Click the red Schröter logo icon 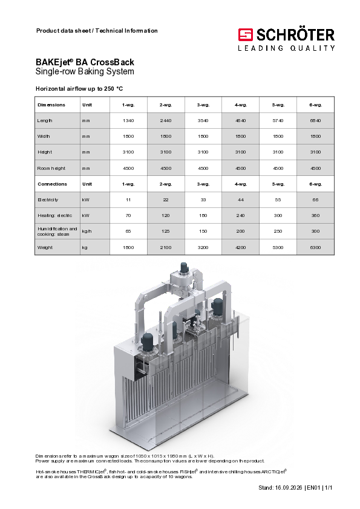click(x=245, y=34)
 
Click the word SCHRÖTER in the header click(x=295, y=35)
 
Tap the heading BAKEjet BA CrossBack click(x=85, y=62)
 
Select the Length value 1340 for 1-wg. click(x=128, y=121)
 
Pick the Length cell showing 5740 click(x=278, y=121)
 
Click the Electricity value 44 click(x=240, y=200)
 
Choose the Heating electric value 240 click(x=240, y=216)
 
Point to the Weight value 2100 click(x=166, y=247)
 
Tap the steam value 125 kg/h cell click(x=166, y=232)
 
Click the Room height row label click(x=51, y=169)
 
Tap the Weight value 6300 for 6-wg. click(x=315, y=247)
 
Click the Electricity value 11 click(x=128, y=200)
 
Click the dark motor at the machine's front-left click(x=148, y=342)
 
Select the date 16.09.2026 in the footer click(x=289, y=488)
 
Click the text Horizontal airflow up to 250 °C click(x=79, y=89)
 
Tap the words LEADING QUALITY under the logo click(x=286, y=48)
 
